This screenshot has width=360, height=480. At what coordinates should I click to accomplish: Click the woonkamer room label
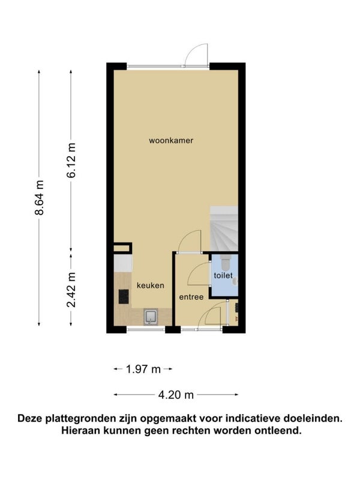pos(171,140)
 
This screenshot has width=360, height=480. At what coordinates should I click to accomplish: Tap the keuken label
pos(151,286)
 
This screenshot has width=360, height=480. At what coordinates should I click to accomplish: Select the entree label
pos(191,297)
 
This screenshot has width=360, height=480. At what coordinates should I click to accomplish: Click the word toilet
pos(223,275)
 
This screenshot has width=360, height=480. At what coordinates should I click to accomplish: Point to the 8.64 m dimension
pos(39,198)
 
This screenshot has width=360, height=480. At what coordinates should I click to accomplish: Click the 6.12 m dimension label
pos(71,160)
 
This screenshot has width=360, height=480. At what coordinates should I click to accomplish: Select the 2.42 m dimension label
pos(71,290)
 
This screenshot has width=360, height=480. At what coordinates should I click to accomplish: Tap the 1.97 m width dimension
pos(143,369)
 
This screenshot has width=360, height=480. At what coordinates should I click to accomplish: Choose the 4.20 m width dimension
pos(176,395)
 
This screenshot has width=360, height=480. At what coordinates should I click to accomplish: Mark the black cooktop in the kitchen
pos(124,296)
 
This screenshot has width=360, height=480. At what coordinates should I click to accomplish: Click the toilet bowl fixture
pos(226,261)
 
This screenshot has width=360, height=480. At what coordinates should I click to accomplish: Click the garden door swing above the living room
pos(197,55)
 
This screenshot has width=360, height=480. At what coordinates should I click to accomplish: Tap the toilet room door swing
pos(199,274)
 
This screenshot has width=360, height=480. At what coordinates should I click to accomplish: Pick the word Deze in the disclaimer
pos(31,418)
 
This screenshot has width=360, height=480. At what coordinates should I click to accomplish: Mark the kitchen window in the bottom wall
pos(146,329)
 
